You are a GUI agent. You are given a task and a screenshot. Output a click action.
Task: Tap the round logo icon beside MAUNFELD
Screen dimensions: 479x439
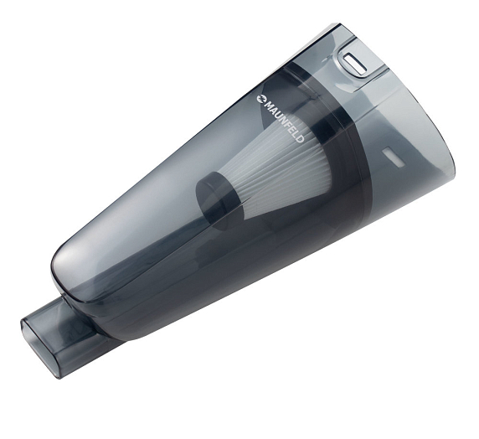pyautogui.click(x=261, y=98)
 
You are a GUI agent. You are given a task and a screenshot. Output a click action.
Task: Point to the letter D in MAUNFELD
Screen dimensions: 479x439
pyautogui.click(x=300, y=139)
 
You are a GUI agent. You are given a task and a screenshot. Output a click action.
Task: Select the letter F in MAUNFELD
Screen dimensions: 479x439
pyautogui.click(x=287, y=124)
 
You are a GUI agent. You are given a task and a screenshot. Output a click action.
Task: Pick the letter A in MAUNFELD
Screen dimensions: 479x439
pyautogui.click(x=273, y=109)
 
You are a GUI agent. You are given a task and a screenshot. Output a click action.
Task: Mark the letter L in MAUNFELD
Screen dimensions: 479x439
pyautogui.click(x=296, y=133)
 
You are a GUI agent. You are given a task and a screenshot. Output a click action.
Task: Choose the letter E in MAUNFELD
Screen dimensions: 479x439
pyautogui.click(x=291, y=129)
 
